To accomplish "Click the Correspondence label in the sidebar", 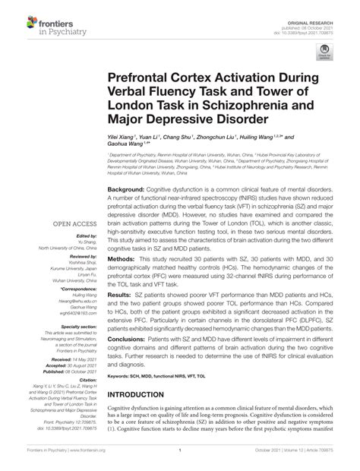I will tap(76, 289).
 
